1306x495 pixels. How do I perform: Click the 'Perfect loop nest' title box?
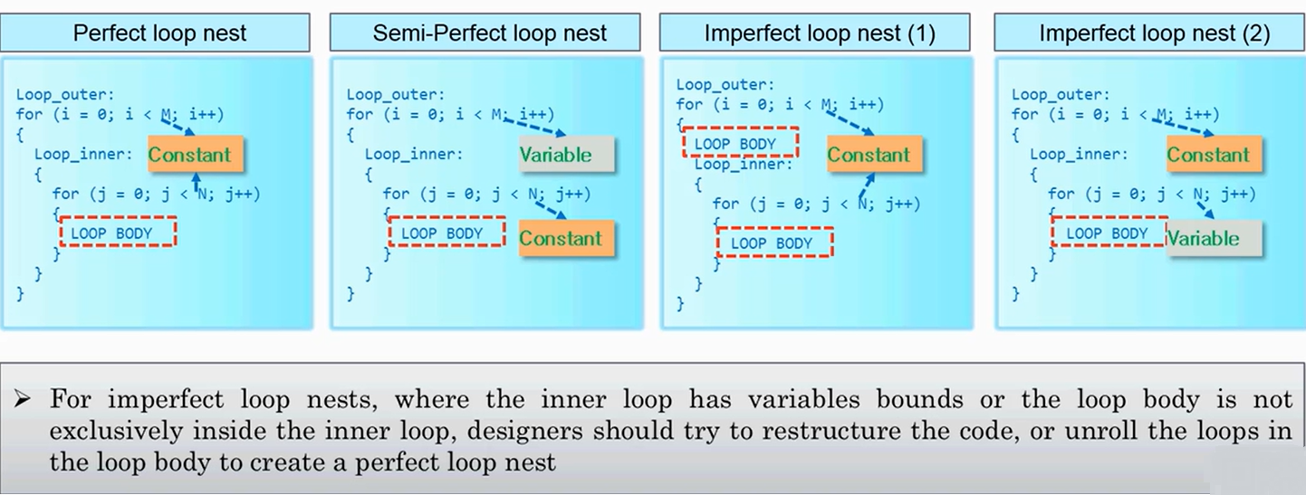158,33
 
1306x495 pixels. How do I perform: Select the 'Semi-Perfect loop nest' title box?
489,33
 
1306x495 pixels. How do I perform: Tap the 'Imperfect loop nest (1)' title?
819,33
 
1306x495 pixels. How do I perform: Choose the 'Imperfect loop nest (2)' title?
1153,33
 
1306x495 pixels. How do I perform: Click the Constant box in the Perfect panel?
189,155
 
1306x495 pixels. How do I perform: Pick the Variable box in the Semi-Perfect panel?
555,155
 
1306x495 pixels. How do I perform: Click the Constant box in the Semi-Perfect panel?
560,238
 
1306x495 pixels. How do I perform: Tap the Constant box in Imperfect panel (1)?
868,155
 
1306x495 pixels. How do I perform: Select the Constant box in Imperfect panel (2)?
1207,155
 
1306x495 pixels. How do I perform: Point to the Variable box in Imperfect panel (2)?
1202,238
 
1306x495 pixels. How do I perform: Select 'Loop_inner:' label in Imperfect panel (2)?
1079,154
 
